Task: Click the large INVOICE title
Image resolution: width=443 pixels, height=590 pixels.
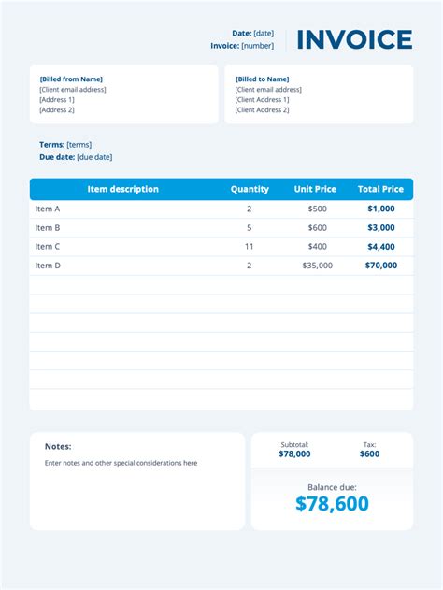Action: tap(354, 39)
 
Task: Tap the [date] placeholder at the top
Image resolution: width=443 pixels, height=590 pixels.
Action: tap(264, 33)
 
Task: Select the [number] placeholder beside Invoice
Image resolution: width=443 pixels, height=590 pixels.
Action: tap(258, 45)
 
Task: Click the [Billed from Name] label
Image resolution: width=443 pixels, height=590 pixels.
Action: tap(71, 79)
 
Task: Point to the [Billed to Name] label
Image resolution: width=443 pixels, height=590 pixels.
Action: tap(262, 79)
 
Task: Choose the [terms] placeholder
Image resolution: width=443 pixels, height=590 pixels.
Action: tap(79, 145)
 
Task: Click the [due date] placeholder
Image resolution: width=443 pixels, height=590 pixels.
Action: tap(94, 157)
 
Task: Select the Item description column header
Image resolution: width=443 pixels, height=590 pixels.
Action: tap(122, 189)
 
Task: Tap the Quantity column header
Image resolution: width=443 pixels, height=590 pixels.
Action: tap(250, 189)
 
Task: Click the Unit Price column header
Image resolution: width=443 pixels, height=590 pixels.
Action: tap(315, 189)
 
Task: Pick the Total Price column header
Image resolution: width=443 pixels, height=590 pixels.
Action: tap(380, 189)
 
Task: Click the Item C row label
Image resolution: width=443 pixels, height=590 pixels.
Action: tap(48, 247)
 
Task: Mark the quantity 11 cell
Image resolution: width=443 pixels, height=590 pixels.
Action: tap(250, 247)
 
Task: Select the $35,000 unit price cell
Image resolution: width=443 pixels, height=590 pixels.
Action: tap(318, 266)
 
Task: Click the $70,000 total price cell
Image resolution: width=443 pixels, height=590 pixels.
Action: tap(380, 266)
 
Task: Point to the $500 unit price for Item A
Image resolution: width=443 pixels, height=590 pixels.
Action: tap(318, 209)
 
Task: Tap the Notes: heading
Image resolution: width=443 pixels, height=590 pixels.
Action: tap(58, 447)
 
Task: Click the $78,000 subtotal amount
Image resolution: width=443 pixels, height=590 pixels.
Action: tap(294, 454)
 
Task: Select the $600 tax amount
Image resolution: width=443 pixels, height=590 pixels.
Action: tap(369, 454)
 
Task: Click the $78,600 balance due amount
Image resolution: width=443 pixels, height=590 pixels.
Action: tap(332, 504)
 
